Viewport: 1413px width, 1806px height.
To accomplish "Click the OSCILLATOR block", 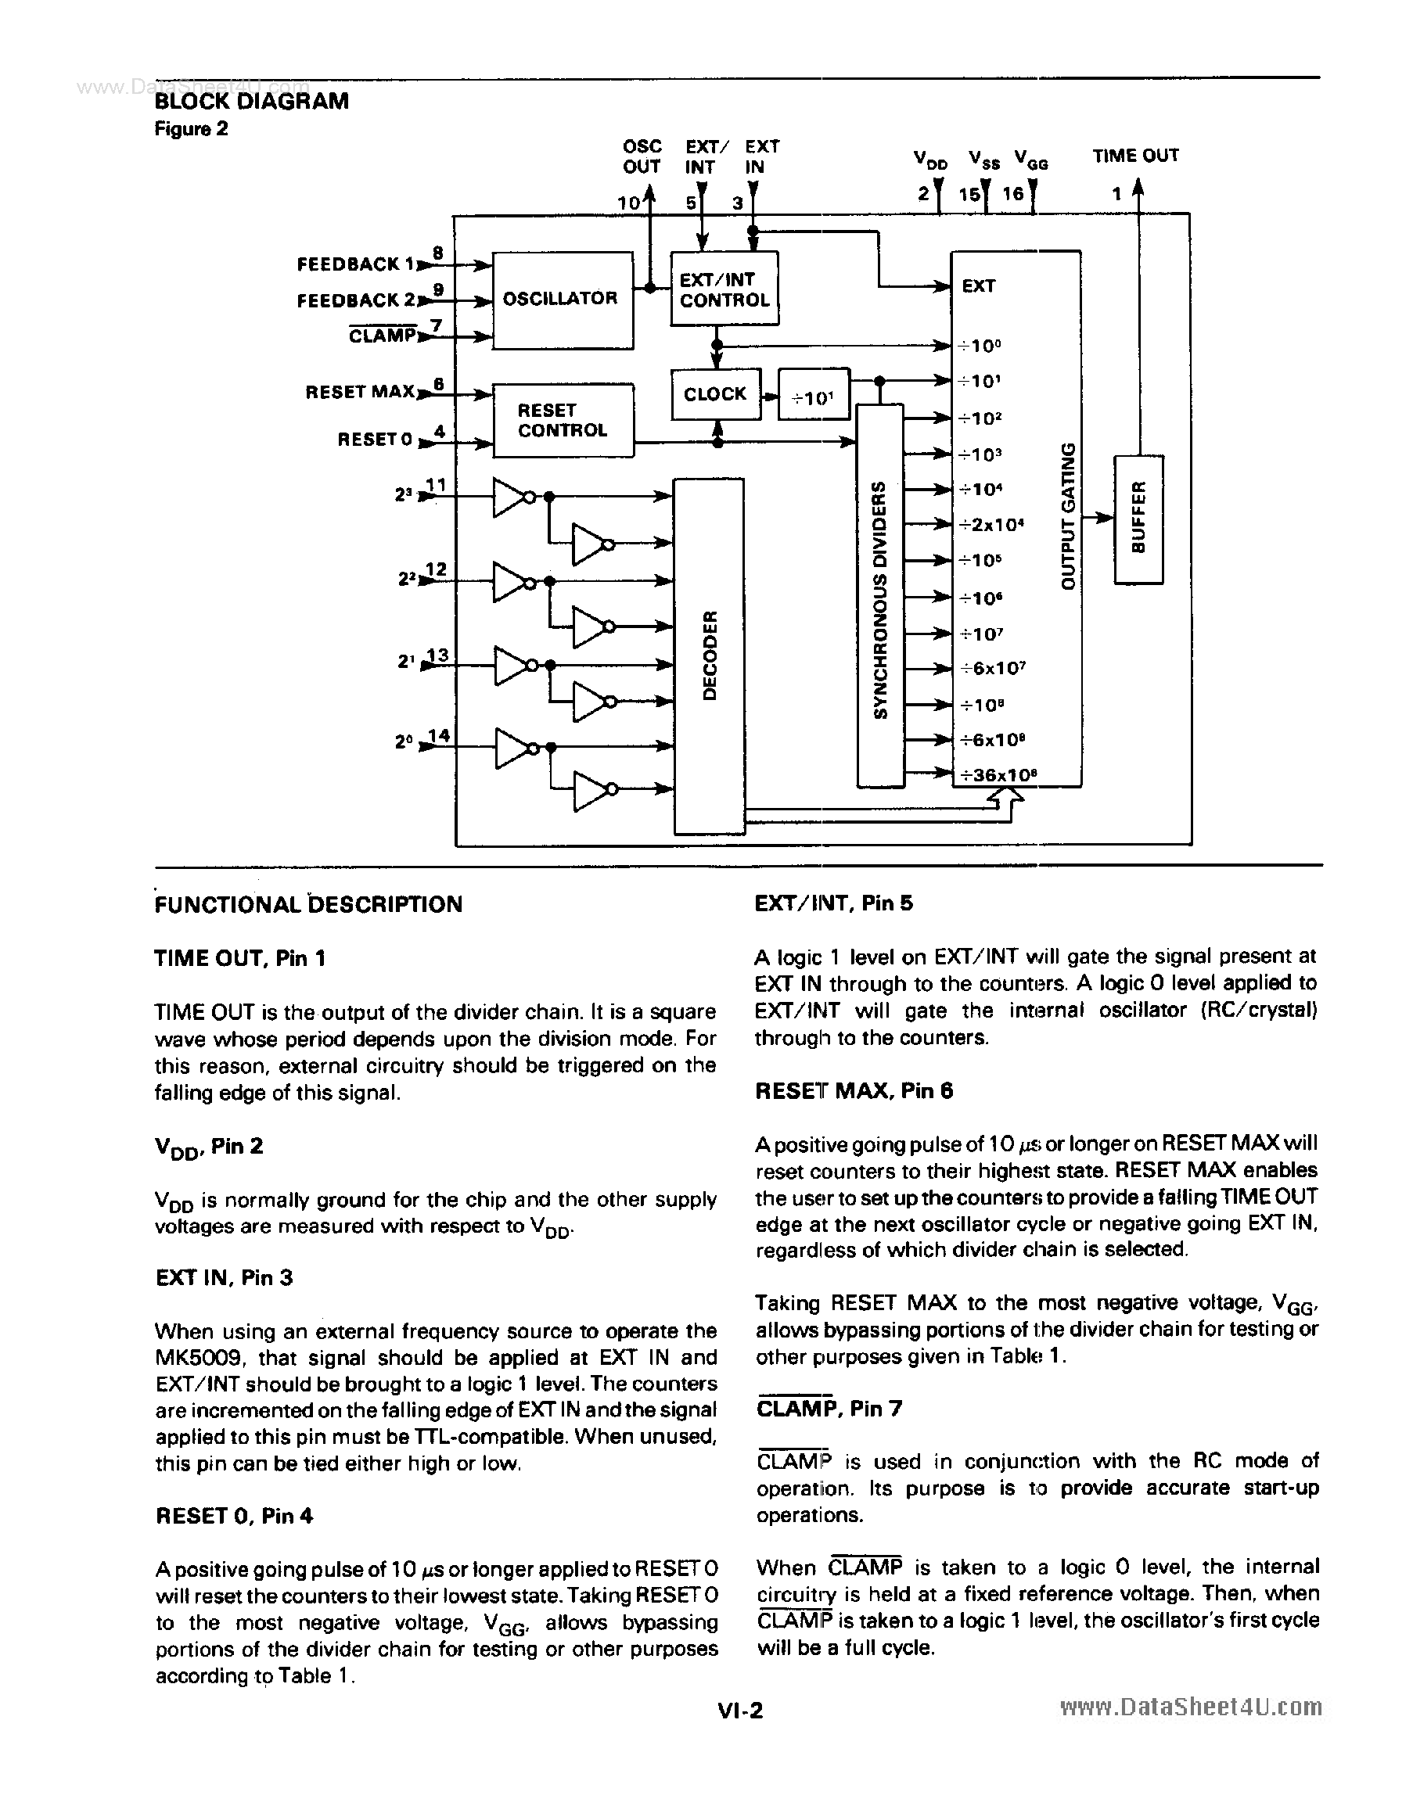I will tap(562, 300).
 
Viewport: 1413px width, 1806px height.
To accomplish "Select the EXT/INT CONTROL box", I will tap(724, 289).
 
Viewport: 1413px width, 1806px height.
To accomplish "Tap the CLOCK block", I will tap(715, 394).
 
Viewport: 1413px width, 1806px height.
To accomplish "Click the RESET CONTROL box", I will tap(563, 420).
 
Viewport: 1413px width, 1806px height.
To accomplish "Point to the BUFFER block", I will tap(1138, 519).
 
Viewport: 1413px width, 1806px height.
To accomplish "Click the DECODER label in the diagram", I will tap(709, 655).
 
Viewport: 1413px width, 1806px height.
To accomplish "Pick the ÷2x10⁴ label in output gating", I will tap(991, 524).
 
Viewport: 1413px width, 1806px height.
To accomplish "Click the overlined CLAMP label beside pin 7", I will tap(381, 336).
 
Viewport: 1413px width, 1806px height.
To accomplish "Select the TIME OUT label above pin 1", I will tap(1135, 156).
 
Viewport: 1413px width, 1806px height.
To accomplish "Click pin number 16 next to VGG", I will tap(1012, 194).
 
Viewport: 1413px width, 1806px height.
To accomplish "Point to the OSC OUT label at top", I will tap(642, 156).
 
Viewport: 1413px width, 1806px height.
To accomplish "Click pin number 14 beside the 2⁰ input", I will tap(438, 734).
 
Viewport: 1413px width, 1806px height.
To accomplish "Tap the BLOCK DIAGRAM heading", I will tap(251, 101).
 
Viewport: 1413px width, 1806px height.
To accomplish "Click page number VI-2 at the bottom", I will tap(740, 1711).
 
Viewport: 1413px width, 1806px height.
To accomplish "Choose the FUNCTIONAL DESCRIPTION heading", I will tap(308, 904).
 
